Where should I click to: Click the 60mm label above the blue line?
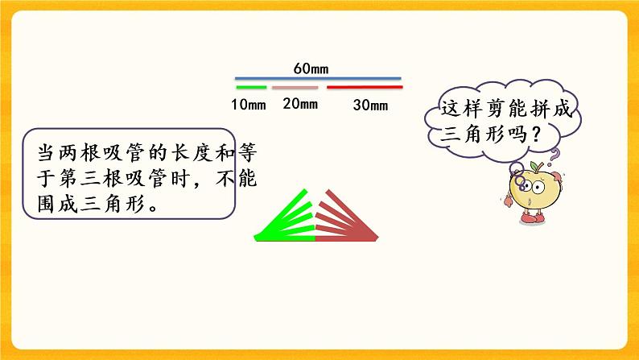coord(311,69)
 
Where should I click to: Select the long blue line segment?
coord(318,80)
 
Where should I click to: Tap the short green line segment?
coord(251,87)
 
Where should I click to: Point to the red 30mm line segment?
coord(364,87)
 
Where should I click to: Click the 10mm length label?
coord(249,104)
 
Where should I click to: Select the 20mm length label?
coord(300,103)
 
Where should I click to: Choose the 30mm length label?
coord(370,104)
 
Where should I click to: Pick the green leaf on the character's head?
coord(532,167)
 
